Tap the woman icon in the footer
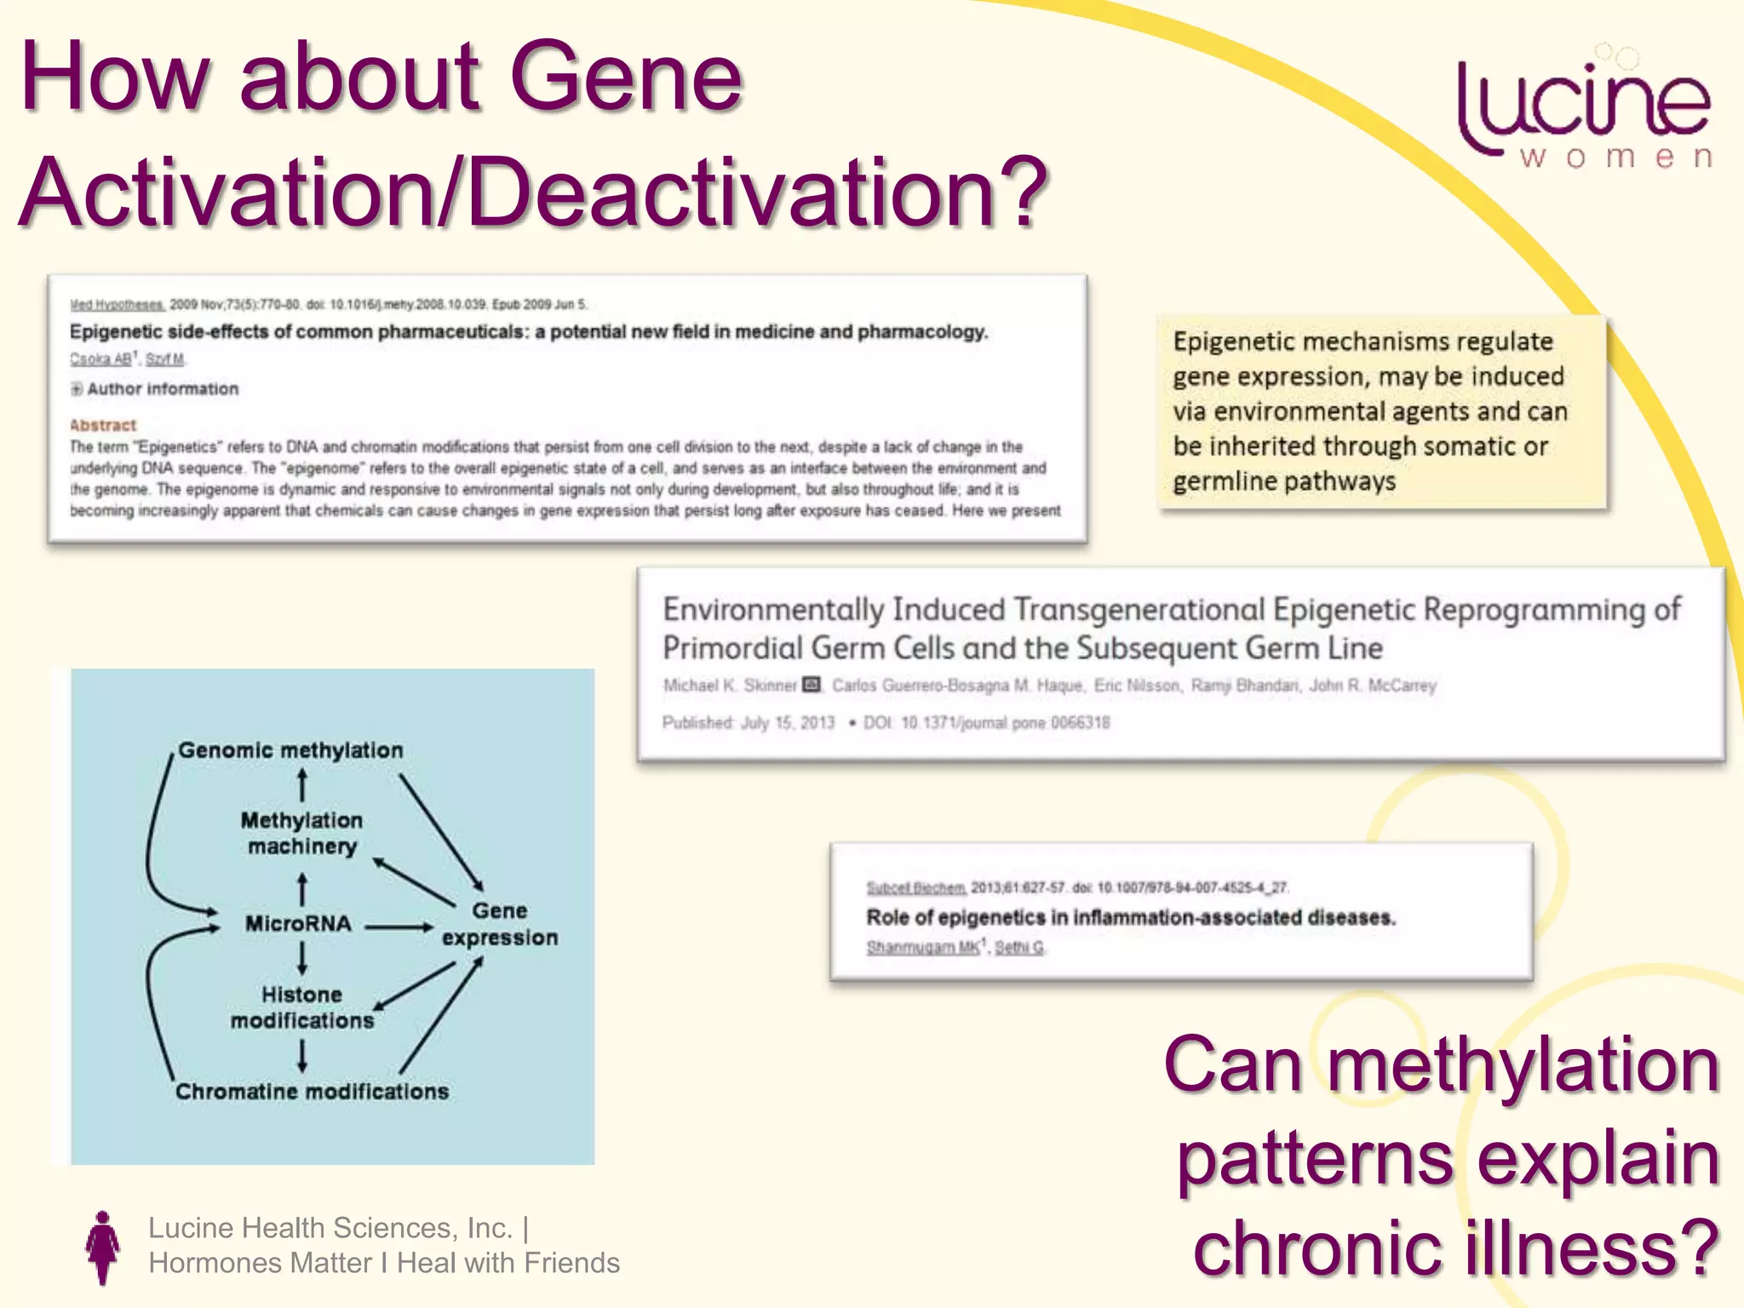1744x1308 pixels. coord(103,1247)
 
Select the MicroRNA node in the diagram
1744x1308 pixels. coord(298,924)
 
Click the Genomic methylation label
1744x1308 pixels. coord(290,750)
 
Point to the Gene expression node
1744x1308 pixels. coord(500,924)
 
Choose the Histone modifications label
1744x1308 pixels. coord(302,1007)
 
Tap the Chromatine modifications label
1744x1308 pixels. coord(312,1092)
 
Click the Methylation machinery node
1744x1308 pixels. coord(301,833)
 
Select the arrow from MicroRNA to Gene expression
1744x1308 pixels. coord(399,926)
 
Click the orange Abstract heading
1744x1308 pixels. coord(103,425)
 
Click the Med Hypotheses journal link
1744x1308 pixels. coord(117,305)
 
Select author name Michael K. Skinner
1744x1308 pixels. coord(730,686)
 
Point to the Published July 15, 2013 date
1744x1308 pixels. coord(749,723)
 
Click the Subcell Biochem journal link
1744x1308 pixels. coord(916,888)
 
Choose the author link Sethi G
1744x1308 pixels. coord(1019,947)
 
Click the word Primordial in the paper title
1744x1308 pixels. coord(732,648)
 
